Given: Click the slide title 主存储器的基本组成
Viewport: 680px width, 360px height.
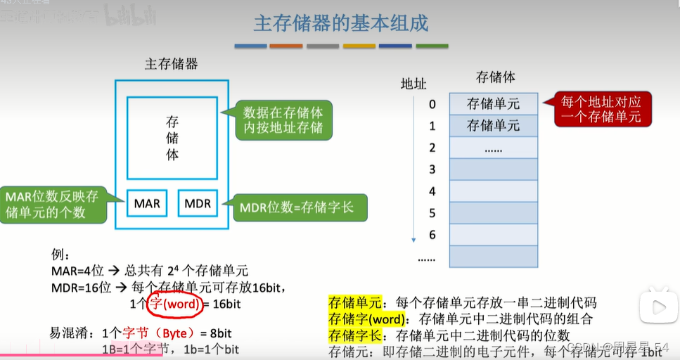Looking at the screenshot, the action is pyautogui.click(x=340, y=23).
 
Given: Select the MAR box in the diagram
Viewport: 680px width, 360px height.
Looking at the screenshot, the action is pyautogui.click(x=147, y=205).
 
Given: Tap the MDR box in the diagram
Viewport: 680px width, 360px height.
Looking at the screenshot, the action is pyautogui.click(x=198, y=205).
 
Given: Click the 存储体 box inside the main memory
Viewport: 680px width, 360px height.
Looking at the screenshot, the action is pyautogui.click(x=172, y=138).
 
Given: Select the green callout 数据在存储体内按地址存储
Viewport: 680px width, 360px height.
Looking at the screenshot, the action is pyautogui.click(x=283, y=120).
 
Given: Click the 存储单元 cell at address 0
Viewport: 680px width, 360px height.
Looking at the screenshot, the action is pyautogui.click(x=493, y=104).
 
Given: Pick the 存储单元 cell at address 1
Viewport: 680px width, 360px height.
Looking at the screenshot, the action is pyautogui.click(x=493, y=126).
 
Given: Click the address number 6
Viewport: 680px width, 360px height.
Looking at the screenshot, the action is pyautogui.click(x=432, y=235).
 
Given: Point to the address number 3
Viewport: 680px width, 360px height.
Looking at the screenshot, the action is pyautogui.click(x=432, y=169).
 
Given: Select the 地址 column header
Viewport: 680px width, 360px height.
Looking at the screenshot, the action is pyautogui.click(x=413, y=84).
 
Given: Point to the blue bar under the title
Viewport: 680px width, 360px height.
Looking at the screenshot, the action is pyautogui.click(x=250, y=46).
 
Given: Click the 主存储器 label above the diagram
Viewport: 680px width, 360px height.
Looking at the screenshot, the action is pyautogui.click(x=172, y=65).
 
